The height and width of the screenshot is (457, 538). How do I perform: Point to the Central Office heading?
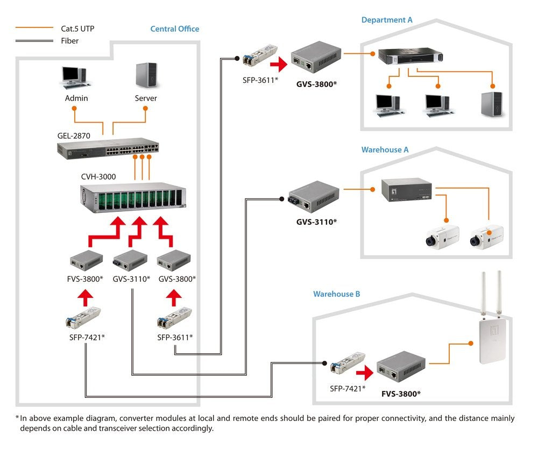point(174,29)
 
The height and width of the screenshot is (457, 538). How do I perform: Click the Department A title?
point(387,20)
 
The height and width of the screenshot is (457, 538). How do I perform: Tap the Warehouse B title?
point(337,294)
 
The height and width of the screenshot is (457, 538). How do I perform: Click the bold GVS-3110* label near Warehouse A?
point(316,222)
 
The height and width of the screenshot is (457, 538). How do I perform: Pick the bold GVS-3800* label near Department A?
point(316,84)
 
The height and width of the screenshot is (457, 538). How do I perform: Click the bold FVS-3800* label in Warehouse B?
point(401,394)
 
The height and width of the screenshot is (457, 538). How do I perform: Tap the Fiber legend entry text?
point(69,40)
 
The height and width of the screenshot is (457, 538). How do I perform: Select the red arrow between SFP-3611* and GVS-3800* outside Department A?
point(278,66)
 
